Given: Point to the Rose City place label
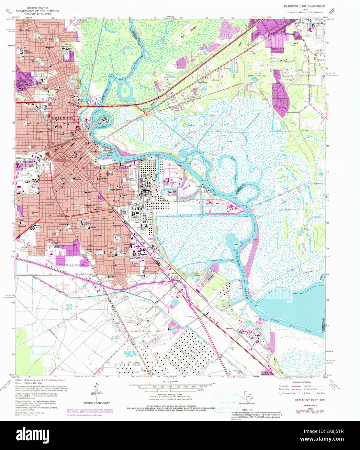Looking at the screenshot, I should click(x=203, y=83).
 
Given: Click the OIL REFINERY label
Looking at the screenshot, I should click(x=167, y=183).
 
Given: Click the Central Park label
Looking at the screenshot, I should click(x=27, y=175).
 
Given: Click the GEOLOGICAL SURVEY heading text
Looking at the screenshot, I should click(x=37, y=15).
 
